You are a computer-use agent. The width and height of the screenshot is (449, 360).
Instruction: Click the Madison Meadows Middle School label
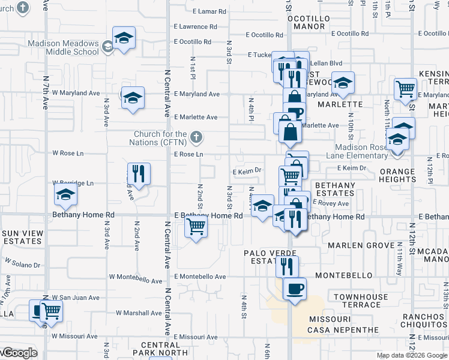coord(63,47)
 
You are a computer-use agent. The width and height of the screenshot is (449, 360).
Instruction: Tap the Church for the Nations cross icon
coord(195,138)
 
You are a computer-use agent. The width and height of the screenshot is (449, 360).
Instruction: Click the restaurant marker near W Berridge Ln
coord(139,173)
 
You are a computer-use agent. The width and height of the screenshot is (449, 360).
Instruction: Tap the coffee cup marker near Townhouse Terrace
coord(294,289)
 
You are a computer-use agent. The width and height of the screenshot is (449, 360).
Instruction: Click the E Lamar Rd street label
coord(209,11)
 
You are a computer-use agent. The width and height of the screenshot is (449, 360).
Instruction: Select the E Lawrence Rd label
coord(195,27)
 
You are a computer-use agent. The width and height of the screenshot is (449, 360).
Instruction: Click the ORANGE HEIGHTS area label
coord(397,176)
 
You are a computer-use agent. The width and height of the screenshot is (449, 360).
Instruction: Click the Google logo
coord(19,353)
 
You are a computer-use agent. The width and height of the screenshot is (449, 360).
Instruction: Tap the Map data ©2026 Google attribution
coord(412,355)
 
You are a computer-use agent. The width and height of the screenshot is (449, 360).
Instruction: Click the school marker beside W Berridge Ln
coord(65,194)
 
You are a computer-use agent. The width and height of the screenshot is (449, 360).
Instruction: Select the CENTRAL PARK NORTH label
coord(160,349)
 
